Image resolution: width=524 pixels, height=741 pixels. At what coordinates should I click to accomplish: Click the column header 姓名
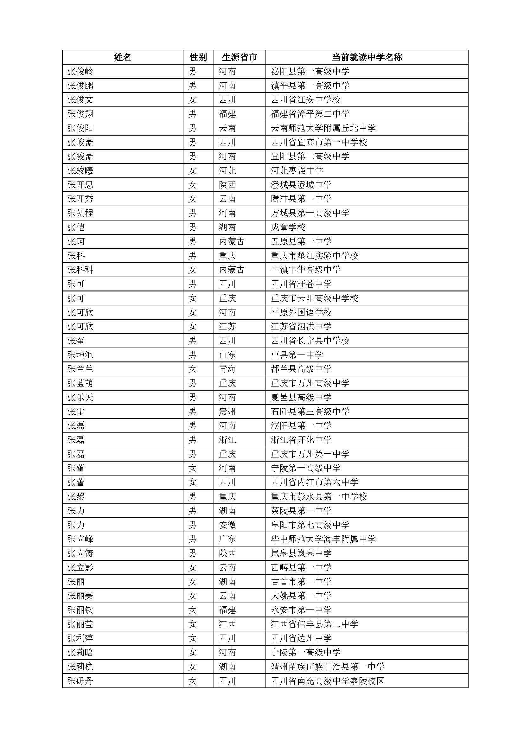[123, 57]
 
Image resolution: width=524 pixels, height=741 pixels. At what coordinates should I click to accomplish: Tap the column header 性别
[198, 57]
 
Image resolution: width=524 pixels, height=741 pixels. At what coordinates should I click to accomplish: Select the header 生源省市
[240, 57]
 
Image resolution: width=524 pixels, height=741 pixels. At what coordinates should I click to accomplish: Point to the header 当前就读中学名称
[367, 57]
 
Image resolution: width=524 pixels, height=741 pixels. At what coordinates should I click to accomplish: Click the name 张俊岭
[80, 71]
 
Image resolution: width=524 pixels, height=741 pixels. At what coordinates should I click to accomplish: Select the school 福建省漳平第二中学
[310, 114]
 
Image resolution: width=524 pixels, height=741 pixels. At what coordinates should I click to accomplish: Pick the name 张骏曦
[80, 170]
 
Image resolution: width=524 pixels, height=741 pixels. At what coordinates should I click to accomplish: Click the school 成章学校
[288, 227]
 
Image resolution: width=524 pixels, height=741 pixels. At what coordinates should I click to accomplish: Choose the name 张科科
[80, 270]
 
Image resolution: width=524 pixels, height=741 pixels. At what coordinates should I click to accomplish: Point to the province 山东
[227, 355]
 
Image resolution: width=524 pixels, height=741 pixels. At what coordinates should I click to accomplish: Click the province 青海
[227, 369]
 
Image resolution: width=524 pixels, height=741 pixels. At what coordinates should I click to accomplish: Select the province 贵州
[227, 412]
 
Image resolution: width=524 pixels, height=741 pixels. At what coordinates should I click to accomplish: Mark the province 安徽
[227, 525]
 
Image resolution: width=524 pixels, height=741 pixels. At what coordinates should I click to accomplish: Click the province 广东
[227, 539]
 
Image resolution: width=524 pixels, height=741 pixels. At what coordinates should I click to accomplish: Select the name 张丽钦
[80, 610]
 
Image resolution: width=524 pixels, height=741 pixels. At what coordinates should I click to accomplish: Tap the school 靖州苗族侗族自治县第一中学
[328, 667]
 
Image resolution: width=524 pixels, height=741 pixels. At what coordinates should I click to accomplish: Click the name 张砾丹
[80, 681]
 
